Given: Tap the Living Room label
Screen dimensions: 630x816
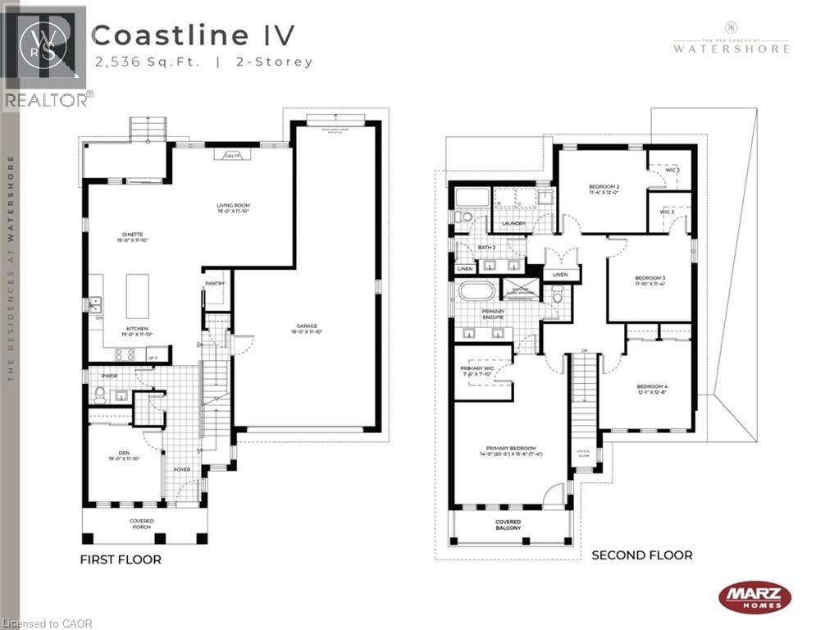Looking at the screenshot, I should pos(233,208).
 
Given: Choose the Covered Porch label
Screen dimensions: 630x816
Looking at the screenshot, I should pos(141,524).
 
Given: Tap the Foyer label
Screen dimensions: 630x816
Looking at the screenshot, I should pos(181,469).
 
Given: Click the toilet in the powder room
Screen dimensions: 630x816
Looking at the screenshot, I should pos(99,395).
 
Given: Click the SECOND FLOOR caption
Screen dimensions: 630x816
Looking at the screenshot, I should pos(641,555).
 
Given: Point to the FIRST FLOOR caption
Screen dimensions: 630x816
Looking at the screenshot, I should pos(120,559).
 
